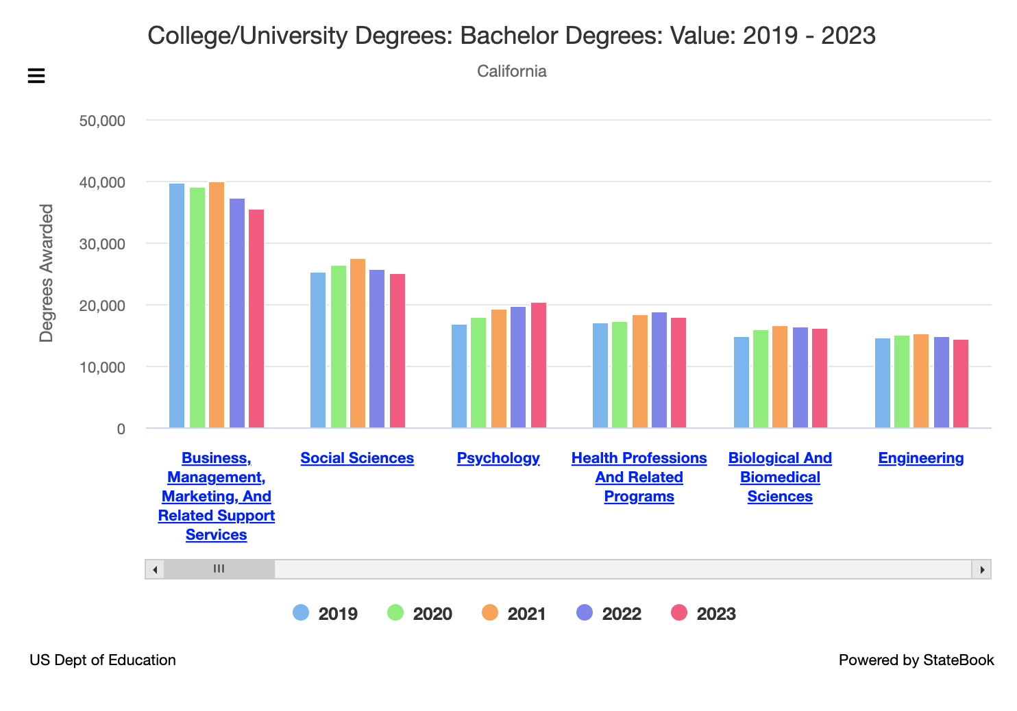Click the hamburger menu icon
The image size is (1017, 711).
click(x=36, y=75)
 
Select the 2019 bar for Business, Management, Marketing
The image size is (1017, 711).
click(x=177, y=305)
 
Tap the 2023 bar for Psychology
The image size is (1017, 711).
click(x=539, y=365)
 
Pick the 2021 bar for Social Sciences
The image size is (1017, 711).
click(x=358, y=343)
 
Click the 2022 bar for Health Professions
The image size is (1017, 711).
click(x=659, y=370)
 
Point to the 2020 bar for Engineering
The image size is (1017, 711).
click(x=902, y=382)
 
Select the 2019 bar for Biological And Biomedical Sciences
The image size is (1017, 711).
click(x=742, y=382)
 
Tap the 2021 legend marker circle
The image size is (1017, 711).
click(x=490, y=612)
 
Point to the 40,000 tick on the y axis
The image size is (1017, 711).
click(x=102, y=182)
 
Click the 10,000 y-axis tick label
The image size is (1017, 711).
click(x=102, y=367)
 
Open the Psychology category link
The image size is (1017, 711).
click(x=498, y=458)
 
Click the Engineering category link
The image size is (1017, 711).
click(x=920, y=458)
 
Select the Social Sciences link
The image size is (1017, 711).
click(x=357, y=458)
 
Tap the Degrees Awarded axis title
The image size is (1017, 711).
click(x=47, y=273)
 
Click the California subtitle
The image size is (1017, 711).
click(x=511, y=71)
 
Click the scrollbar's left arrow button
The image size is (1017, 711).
click(x=155, y=569)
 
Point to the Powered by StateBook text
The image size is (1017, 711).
click(x=916, y=660)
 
